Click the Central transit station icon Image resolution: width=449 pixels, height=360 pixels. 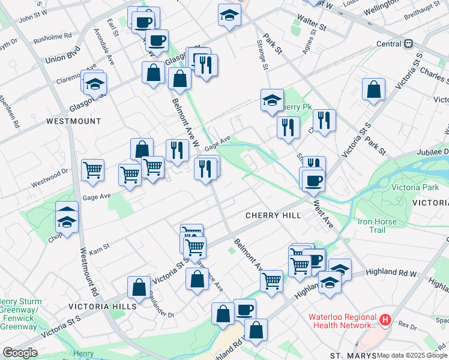pyautogui.click(x=408, y=44)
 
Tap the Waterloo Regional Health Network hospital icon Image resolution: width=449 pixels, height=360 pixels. pyautogui.click(x=385, y=322)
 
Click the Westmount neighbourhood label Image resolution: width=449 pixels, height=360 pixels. pyautogui.click(x=74, y=121)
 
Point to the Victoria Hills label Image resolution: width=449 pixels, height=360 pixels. pyautogui.click(x=103, y=306)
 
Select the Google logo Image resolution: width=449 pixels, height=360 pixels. pyautogui.click(x=19, y=353)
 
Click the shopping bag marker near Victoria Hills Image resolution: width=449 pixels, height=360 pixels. pyautogui.click(x=139, y=287)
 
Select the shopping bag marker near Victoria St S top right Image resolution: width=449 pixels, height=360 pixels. pyautogui.click(x=374, y=89)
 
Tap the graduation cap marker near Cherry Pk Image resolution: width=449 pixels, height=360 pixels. pyautogui.click(x=272, y=100)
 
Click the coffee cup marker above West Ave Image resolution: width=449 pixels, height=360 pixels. pyautogui.click(x=313, y=179)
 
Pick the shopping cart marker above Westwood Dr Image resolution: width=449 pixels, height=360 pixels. pyautogui.click(x=92, y=170)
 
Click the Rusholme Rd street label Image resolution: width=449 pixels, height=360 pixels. pyautogui.click(x=54, y=35)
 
